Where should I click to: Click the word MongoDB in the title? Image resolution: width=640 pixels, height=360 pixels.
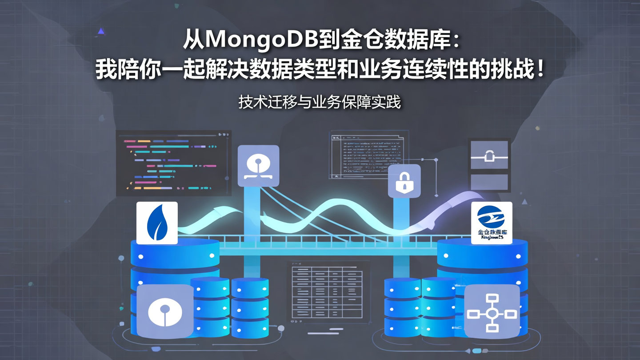pyautogui.click(x=262, y=40)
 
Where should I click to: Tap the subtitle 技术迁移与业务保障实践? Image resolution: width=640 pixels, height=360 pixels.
pyautogui.click(x=320, y=102)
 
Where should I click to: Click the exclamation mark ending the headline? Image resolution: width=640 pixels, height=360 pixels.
pyautogui.click(x=540, y=71)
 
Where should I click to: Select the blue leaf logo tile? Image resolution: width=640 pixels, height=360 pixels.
pyautogui.click(x=157, y=223)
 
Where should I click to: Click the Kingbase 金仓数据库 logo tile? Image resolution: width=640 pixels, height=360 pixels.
pyautogui.click(x=492, y=223)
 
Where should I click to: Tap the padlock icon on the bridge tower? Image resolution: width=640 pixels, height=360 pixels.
pyautogui.click(x=404, y=181)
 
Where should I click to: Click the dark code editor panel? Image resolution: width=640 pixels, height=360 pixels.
pyautogui.click(x=173, y=163)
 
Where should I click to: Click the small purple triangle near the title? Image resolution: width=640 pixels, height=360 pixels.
pyautogui.click(x=101, y=31)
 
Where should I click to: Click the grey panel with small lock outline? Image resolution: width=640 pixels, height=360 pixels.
pyautogui.click(x=489, y=155)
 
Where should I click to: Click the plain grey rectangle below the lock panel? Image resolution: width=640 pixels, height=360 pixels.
pyautogui.click(x=489, y=182)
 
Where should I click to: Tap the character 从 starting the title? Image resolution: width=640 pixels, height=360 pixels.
pyautogui.click(x=194, y=40)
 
